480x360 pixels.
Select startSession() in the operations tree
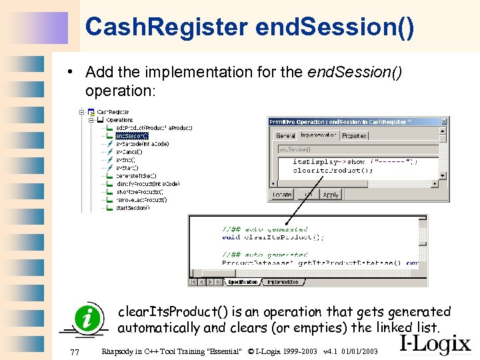pyautogui.click(x=133, y=207)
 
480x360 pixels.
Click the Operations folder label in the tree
pyautogui.click(x=120, y=120)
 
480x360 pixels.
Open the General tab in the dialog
pyautogui.click(x=285, y=135)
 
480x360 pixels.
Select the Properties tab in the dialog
pyautogui.click(x=354, y=135)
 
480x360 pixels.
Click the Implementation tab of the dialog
pyautogui.click(x=318, y=135)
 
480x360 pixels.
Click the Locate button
pyautogui.click(x=282, y=195)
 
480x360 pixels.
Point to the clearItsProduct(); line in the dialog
pyautogui.click(x=333, y=170)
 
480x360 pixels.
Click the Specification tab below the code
pyautogui.click(x=243, y=282)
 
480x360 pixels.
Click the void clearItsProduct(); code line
pyautogui.click(x=273, y=237)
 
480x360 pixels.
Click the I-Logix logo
pyautogui.click(x=435, y=344)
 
